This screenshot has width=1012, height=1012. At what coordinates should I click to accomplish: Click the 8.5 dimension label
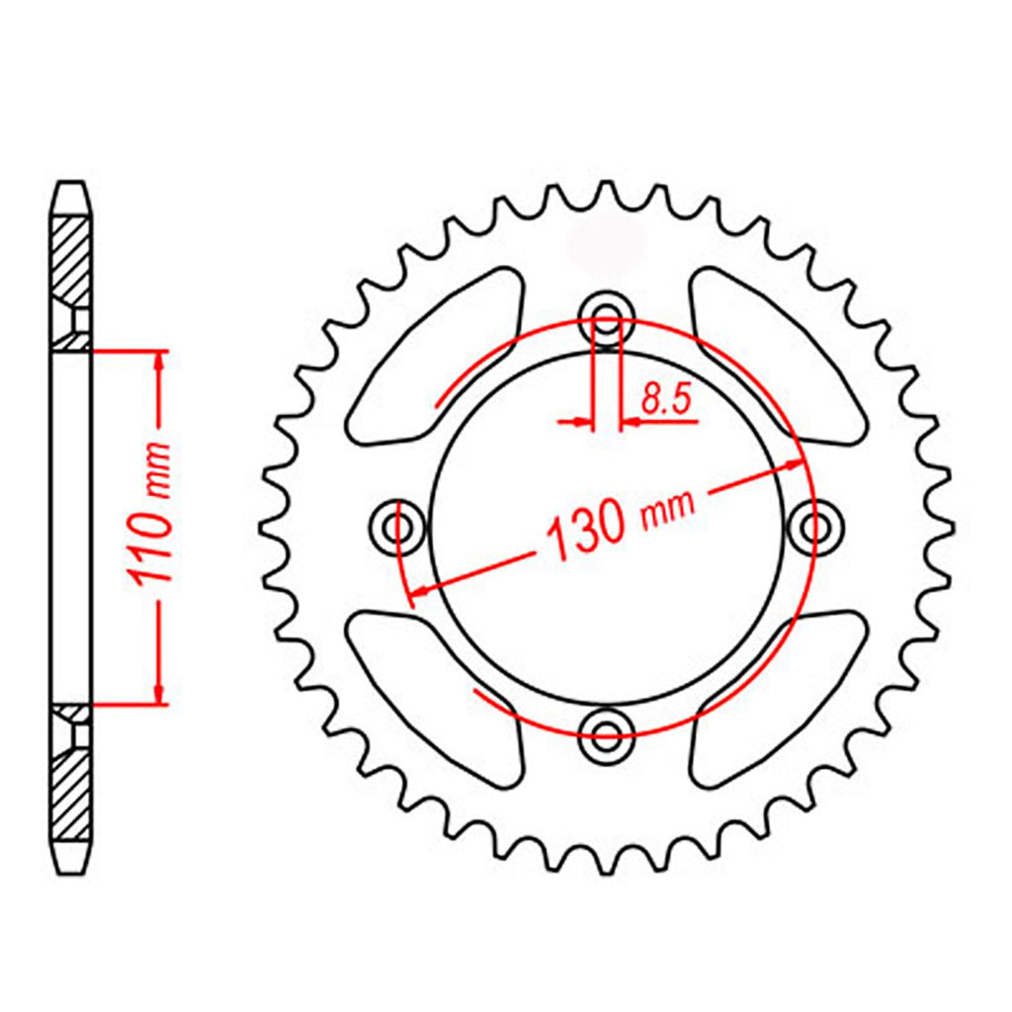(666, 399)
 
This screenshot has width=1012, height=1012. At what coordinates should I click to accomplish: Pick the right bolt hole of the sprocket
(815, 528)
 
